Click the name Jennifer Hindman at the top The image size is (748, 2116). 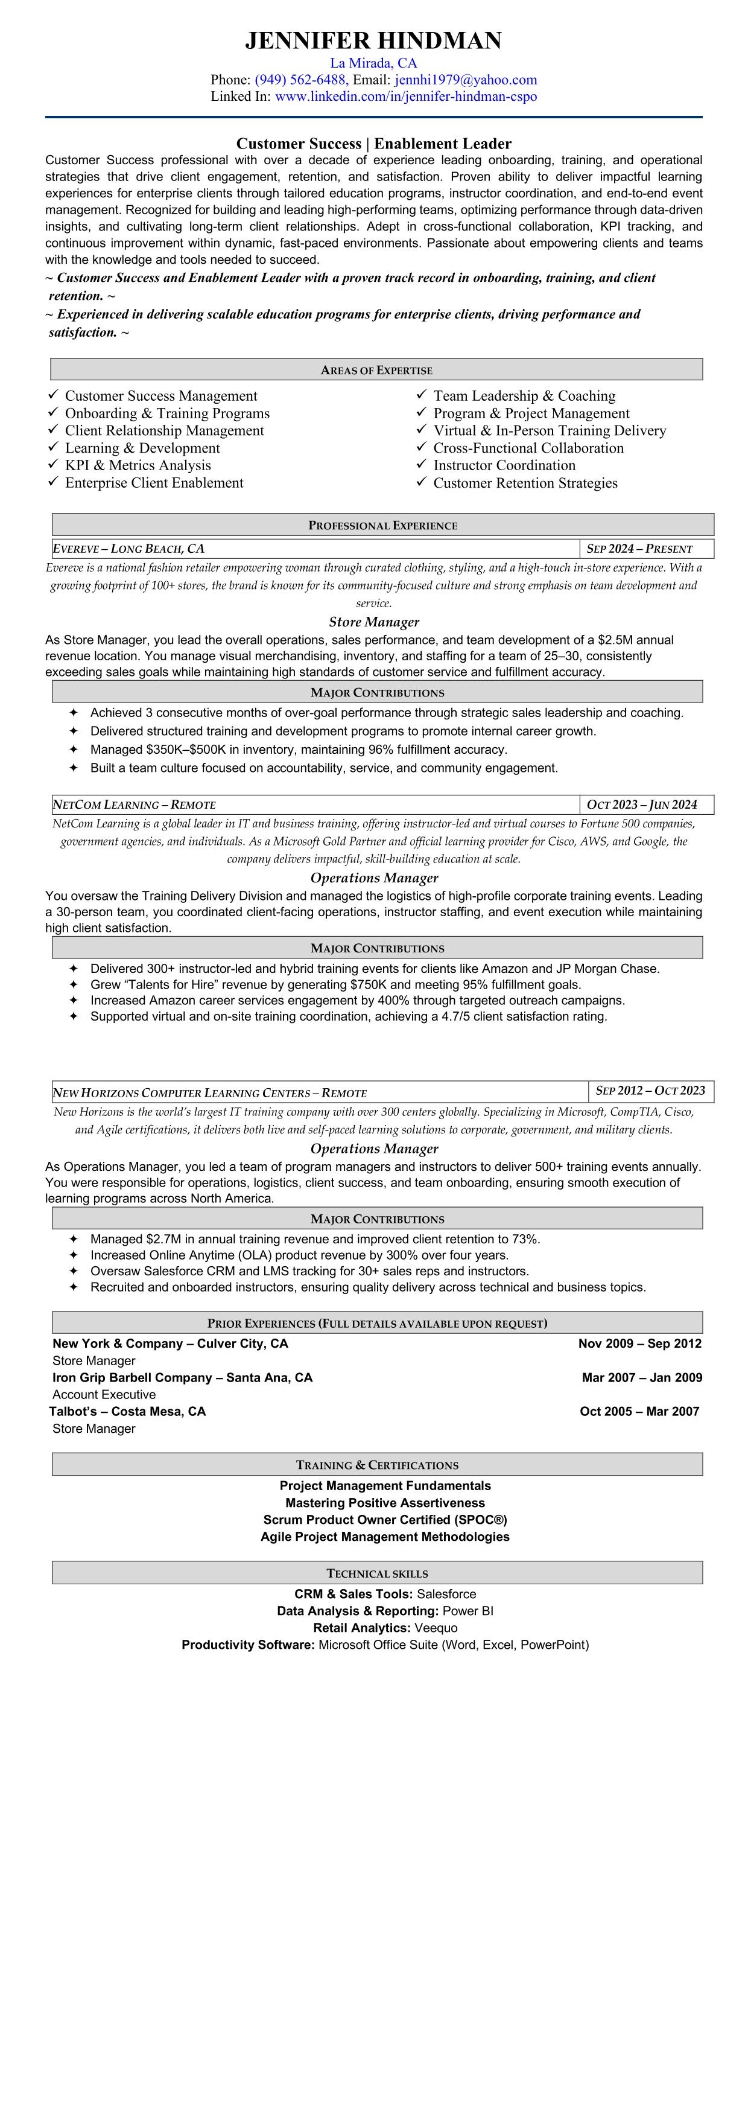[x=373, y=40]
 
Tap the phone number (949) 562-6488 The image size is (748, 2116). [x=300, y=80]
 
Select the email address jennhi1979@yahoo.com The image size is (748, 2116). [x=466, y=80]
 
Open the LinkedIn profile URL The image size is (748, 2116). [x=405, y=96]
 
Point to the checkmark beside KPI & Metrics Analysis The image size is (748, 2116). [x=53, y=464]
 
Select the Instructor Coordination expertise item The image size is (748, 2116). [x=504, y=465]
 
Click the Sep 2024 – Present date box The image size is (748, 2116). [x=639, y=549]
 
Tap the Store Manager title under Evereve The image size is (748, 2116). [x=373, y=622]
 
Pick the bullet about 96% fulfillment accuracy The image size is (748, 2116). [x=298, y=749]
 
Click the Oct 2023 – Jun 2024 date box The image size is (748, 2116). [x=641, y=804]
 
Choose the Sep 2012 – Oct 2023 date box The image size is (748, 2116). [x=650, y=1091]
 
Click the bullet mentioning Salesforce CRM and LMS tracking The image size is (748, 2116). [x=309, y=1271]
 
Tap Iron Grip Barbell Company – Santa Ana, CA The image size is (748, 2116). [x=182, y=1377]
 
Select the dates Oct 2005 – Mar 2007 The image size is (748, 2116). [x=639, y=1411]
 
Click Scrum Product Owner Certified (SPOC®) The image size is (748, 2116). [x=385, y=1520]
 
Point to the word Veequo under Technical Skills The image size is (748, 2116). [x=436, y=1627]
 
